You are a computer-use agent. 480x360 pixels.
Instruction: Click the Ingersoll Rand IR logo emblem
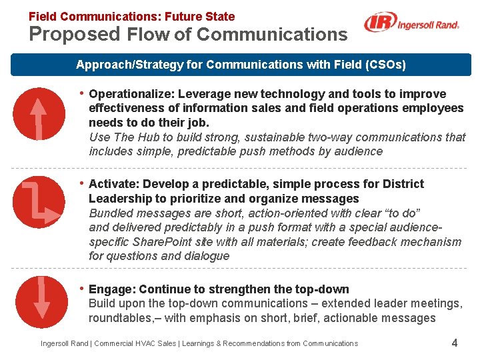tap(379, 24)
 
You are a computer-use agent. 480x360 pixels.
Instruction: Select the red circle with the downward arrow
tap(41, 298)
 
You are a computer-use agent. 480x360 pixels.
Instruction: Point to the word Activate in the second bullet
tap(111, 184)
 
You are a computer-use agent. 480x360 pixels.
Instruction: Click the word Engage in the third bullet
tap(110, 289)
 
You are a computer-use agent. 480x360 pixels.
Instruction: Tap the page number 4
tap(454, 343)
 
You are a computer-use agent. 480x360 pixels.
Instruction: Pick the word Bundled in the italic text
tap(111, 213)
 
